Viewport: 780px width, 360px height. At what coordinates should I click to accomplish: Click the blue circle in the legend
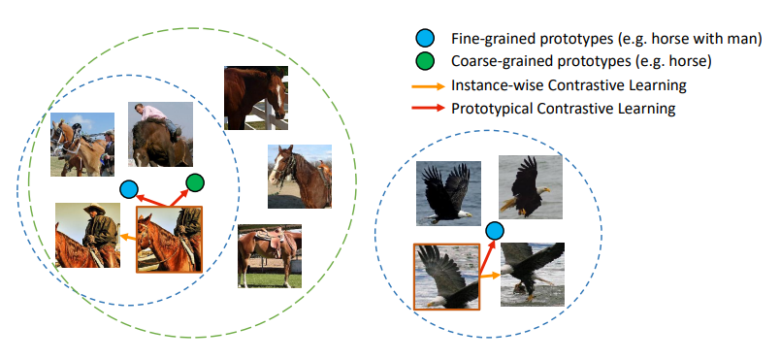[x=425, y=38]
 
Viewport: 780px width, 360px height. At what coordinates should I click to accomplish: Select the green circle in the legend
[x=425, y=61]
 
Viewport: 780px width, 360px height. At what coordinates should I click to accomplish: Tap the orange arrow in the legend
[x=428, y=86]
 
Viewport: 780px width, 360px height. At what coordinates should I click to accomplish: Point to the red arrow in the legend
[x=428, y=108]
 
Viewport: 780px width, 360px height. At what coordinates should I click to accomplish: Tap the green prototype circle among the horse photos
[x=195, y=183]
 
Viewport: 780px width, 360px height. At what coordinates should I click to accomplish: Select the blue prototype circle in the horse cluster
[x=129, y=189]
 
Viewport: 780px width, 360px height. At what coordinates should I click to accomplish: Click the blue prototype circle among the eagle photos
[x=495, y=231]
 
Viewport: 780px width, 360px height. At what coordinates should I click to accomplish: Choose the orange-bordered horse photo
[x=169, y=239]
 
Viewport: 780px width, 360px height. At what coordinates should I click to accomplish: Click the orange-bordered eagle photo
[x=446, y=277]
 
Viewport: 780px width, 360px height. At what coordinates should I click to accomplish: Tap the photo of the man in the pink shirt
[x=160, y=134]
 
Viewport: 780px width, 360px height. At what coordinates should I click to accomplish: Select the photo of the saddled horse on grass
[x=270, y=256]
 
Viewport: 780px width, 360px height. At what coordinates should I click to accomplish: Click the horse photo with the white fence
[x=256, y=98]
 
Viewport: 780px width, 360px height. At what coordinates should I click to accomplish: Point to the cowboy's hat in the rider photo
[x=94, y=209]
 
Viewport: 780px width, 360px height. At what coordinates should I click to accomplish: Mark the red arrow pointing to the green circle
[x=179, y=196]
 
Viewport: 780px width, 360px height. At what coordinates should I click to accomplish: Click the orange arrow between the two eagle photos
[x=490, y=275]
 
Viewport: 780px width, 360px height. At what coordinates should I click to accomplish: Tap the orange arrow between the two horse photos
[x=128, y=238]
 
